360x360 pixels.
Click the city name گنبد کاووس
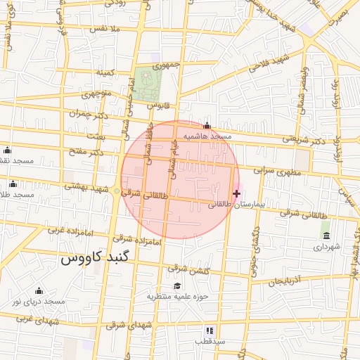click(x=96, y=257)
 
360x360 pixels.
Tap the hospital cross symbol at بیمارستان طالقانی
click(x=236, y=193)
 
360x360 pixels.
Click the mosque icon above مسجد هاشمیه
click(x=206, y=127)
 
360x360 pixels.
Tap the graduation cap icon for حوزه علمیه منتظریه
click(x=177, y=285)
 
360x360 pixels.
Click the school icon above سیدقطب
click(x=210, y=330)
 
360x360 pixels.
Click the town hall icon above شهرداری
click(x=326, y=236)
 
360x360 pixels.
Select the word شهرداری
click(x=326, y=247)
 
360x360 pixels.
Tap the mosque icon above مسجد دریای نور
click(x=39, y=291)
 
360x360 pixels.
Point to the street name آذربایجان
click(x=284, y=279)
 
